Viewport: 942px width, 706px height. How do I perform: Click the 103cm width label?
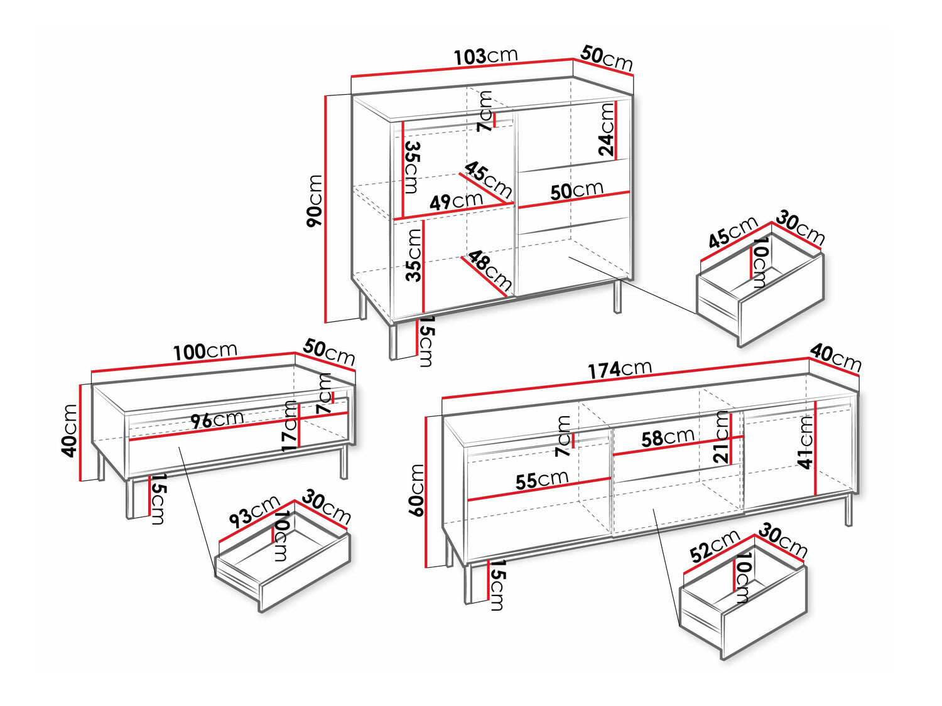[x=486, y=56]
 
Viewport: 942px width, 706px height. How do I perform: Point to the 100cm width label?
[x=205, y=351]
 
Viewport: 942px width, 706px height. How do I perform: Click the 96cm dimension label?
[x=217, y=419]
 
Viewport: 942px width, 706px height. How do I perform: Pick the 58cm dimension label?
[x=668, y=437]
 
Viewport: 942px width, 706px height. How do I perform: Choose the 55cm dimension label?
[x=542, y=479]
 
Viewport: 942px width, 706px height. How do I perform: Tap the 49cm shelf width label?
[x=456, y=201]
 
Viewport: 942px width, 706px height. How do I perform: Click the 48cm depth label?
[x=490, y=270]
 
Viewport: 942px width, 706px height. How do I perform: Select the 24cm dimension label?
[x=607, y=129]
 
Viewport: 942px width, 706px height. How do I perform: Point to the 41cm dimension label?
[x=806, y=442]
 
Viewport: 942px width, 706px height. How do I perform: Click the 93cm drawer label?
[x=254, y=511]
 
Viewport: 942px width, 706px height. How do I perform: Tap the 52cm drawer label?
[x=715, y=546]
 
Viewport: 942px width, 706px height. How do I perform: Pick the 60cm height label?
[x=417, y=490]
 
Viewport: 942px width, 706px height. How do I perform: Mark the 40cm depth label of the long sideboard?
[x=835, y=358]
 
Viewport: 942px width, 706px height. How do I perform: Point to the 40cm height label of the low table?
[x=69, y=430]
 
